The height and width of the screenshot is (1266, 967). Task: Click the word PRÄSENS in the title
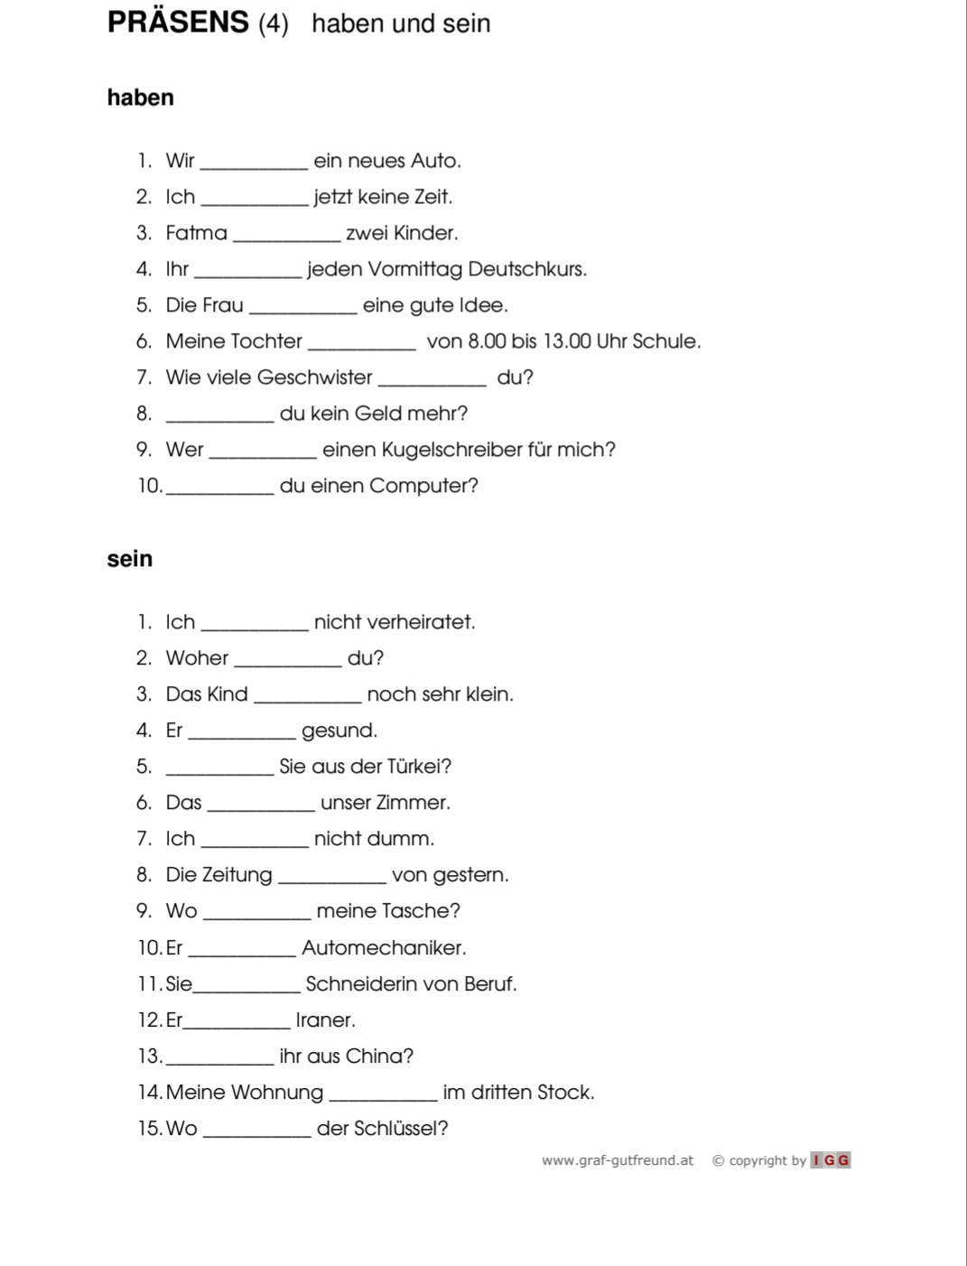coord(178,22)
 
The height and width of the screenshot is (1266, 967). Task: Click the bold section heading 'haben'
coord(140,98)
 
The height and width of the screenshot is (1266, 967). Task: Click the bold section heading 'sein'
coord(129,559)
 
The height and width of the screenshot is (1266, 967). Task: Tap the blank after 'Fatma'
coord(286,237)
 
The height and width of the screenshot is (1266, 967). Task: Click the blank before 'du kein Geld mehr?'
coord(220,418)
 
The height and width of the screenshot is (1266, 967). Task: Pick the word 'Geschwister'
coord(314,377)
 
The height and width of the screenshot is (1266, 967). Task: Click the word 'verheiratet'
coord(394,622)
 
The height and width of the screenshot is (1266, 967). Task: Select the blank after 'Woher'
coord(287,663)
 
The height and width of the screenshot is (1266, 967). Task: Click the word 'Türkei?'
coord(419,767)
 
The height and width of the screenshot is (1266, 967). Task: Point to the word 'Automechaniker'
coord(384,948)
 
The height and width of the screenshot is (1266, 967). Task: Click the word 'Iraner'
coord(325,1020)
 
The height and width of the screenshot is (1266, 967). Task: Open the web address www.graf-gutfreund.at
coord(618,1160)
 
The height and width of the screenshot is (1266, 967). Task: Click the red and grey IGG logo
coord(831,1160)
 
